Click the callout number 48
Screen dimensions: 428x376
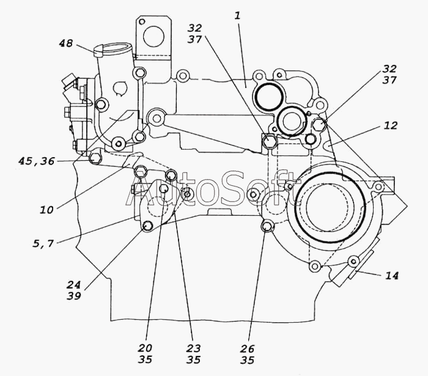tap(66, 43)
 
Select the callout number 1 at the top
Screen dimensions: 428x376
tap(238, 15)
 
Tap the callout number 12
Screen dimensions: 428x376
tap(391, 125)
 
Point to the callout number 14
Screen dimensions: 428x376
tap(392, 276)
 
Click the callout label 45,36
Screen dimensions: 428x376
tap(37, 161)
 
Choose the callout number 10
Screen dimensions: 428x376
tap(46, 210)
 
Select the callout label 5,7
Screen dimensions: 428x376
tap(43, 243)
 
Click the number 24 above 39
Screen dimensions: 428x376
tap(74, 285)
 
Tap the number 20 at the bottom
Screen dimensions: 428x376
tap(145, 348)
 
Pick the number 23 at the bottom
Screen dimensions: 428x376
tap(193, 348)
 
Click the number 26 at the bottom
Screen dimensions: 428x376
tap(247, 348)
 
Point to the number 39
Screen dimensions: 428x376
tap(74, 296)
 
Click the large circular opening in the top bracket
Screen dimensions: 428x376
tap(153, 36)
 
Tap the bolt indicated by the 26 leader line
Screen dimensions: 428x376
tap(267, 226)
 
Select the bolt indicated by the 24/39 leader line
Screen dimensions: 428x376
tap(148, 226)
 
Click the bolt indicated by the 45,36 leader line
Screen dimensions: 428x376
tap(94, 158)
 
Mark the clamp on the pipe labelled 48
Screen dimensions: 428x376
tap(98, 51)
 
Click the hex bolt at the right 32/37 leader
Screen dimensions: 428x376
tap(319, 124)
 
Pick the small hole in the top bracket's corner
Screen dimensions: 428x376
tap(142, 21)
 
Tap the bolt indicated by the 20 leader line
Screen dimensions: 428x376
tap(163, 188)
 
